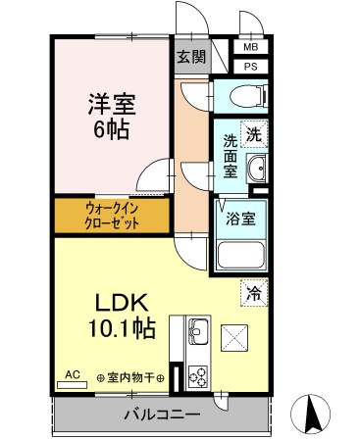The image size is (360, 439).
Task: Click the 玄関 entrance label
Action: [191, 57]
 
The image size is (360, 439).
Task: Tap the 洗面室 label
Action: [231, 156]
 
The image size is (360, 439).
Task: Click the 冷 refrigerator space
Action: [254, 291]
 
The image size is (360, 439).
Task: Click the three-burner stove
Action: [195, 375]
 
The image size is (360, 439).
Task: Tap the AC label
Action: [72, 373]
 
